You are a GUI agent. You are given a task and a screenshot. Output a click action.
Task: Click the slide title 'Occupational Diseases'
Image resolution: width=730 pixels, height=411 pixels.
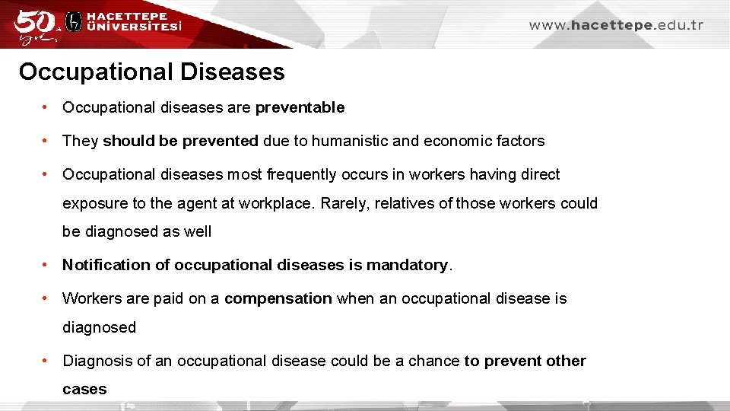coord(152,72)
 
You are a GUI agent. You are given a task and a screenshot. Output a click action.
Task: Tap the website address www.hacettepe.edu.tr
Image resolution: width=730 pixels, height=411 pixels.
coord(616,25)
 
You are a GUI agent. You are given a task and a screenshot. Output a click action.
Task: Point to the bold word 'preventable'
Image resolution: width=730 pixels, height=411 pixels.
coord(300,108)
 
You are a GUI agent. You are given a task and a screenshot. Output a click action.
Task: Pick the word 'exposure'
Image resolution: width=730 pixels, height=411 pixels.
coord(91,204)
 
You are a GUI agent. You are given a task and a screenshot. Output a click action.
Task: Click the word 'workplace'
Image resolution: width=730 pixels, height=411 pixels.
coord(277,204)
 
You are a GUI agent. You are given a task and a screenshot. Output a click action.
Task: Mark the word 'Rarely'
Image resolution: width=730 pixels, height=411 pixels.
coord(344,204)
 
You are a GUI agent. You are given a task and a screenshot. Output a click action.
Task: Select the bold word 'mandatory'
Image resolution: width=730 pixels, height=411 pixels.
coord(407,265)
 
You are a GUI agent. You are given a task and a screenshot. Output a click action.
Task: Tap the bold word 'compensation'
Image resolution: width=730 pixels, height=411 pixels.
coord(278,298)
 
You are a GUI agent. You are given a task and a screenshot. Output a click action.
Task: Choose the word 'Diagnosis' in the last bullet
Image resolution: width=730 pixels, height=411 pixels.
coord(97,361)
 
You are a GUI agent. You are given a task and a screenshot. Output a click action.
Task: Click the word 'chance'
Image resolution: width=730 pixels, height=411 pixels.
coord(434,361)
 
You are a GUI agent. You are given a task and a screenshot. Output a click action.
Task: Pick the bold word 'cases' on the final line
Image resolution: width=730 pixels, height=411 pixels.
coord(84,390)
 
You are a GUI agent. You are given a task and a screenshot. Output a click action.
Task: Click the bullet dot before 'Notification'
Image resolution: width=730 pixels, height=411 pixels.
coord(47,265)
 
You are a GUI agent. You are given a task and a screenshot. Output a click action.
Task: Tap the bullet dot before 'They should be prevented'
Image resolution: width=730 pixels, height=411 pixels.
coord(47,141)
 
